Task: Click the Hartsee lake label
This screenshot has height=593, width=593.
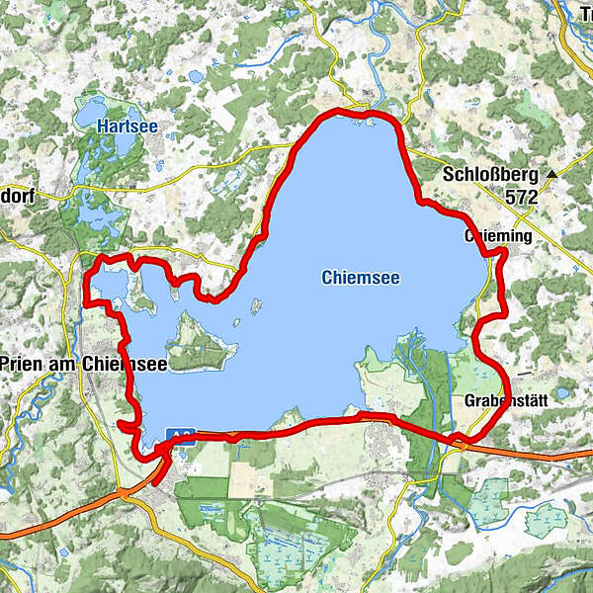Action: click(x=122, y=127)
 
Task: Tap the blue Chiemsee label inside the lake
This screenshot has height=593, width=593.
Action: click(x=361, y=279)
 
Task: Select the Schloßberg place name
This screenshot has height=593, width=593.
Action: click(x=491, y=175)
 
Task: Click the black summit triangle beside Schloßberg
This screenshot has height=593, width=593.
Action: click(x=551, y=175)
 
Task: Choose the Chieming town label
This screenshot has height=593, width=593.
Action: click(x=498, y=237)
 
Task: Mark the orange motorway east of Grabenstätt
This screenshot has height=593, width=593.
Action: click(x=534, y=454)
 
